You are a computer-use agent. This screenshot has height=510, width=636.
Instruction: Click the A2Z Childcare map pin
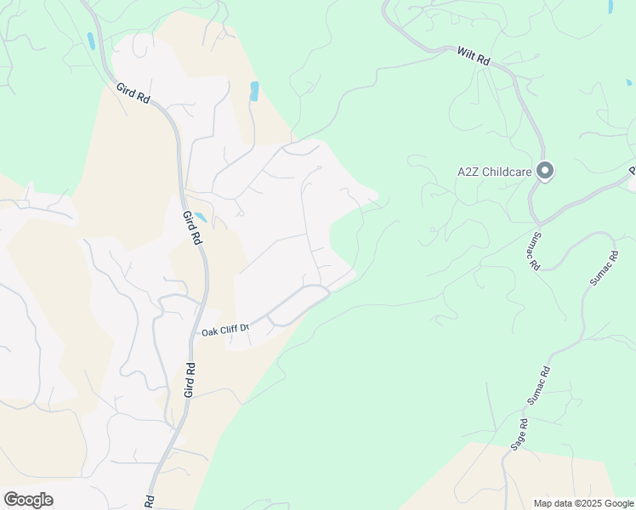[546, 172]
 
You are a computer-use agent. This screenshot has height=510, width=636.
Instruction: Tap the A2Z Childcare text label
[494, 172]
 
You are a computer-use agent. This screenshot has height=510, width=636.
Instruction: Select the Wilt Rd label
[474, 56]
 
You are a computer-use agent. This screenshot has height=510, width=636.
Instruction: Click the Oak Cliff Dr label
[224, 329]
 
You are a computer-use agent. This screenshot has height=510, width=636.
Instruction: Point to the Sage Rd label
[518, 433]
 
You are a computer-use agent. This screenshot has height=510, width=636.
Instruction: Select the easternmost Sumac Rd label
[603, 268]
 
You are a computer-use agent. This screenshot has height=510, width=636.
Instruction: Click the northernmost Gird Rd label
[133, 94]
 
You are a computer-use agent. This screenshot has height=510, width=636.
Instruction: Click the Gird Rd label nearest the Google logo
[150, 501]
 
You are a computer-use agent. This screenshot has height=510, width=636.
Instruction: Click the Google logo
[28, 500]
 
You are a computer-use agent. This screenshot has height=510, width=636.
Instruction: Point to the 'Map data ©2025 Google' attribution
[584, 503]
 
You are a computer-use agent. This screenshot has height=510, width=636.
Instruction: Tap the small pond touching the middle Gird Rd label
[201, 217]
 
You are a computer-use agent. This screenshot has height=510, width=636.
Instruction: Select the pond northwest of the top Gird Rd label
[90, 41]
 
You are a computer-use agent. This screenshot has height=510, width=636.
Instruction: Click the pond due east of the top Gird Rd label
[253, 91]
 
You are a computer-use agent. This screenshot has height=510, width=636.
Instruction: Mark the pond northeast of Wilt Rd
[610, 6]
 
